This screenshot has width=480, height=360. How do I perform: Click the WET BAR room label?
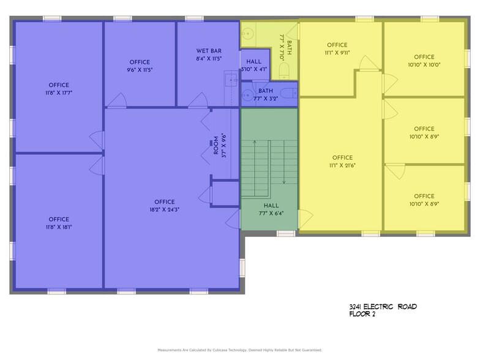coord(209,51)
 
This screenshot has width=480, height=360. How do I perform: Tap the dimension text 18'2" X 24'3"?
coord(164,209)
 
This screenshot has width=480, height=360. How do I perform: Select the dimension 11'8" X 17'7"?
coord(59,93)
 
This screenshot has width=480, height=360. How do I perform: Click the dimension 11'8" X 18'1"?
coord(59,227)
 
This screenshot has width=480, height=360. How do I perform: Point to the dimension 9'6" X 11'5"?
coord(140,70)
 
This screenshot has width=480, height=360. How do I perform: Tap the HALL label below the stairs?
coord(271,206)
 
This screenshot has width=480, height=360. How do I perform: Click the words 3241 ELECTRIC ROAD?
coord(380,306)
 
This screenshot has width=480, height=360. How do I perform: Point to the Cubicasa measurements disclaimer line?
coord(239,350)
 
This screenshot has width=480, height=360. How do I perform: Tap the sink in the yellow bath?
coord(247,34)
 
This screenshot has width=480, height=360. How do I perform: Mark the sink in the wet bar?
coord(231,78)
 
